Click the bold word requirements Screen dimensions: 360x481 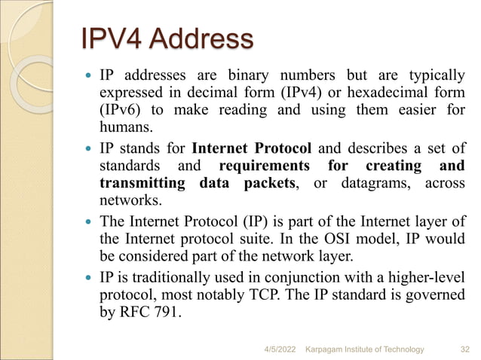click(x=263, y=166)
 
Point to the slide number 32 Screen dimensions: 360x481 click(x=464, y=349)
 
